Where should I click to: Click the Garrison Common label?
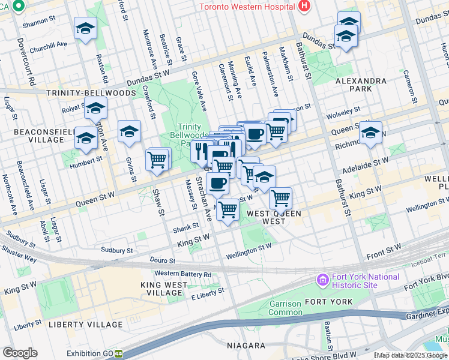point(285,308)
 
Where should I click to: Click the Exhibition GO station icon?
point(119,354)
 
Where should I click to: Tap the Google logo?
point(20,353)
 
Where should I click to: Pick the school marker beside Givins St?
point(129,132)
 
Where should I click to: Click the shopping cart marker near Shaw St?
point(157,160)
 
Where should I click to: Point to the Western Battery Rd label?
point(183,274)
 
